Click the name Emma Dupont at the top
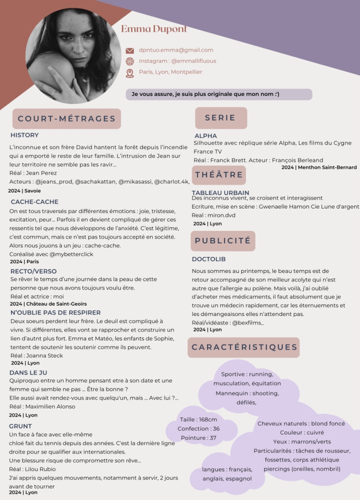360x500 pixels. (x=154, y=29)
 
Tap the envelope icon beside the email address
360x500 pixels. (x=129, y=50)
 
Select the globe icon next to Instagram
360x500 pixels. (x=129, y=61)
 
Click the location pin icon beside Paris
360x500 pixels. (x=129, y=73)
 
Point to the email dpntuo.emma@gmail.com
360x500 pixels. (x=176, y=50)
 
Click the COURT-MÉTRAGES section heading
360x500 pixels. (x=66, y=119)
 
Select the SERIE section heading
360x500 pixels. (x=220, y=118)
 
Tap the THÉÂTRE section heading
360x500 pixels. (x=219, y=174)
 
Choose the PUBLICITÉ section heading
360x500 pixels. (x=222, y=240)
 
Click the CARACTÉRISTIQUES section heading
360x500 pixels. (x=244, y=347)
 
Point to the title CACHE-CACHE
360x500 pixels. (x=27, y=201)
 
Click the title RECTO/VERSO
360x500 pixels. (x=33, y=271)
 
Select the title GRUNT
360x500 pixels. (x=20, y=426)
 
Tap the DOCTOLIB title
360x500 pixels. (x=209, y=259)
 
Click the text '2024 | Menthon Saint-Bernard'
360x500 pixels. (x=319, y=167)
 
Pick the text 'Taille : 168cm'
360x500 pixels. (x=198, y=419)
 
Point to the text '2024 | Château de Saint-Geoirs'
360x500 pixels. (x=48, y=303)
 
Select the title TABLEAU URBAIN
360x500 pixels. (x=220, y=192)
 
